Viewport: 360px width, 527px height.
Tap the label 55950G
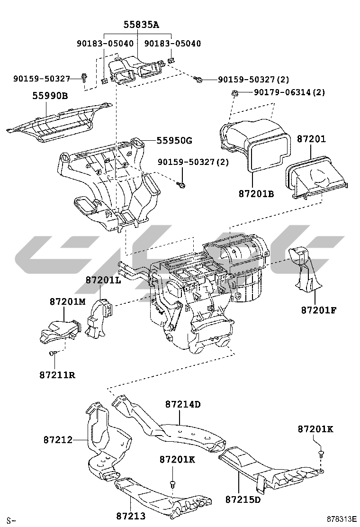point(175,141)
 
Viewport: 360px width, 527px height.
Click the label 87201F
point(318,310)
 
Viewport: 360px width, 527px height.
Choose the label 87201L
point(103,280)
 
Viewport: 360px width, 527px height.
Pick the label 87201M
point(68,301)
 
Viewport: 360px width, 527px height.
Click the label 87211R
point(57,375)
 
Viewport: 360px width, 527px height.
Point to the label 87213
point(131,516)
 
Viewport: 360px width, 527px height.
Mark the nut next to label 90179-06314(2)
point(234,92)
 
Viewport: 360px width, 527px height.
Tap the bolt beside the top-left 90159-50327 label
point(84,77)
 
